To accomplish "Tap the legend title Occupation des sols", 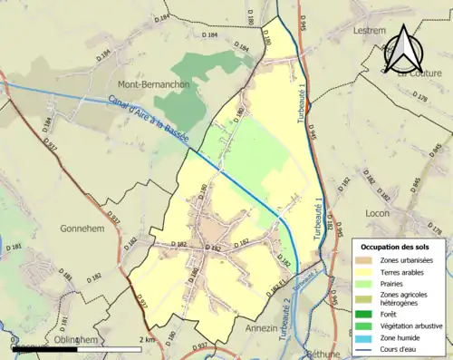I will pyautogui.click(x=397, y=247).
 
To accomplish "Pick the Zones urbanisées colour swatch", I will pyautogui.click(x=365, y=261).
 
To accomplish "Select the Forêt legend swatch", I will pyautogui.click(x=365, y=314).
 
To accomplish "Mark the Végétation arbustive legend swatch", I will pyautogui.click(x=365, y=326).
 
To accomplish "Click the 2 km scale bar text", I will pyautogui.click(x=147, y=339).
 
